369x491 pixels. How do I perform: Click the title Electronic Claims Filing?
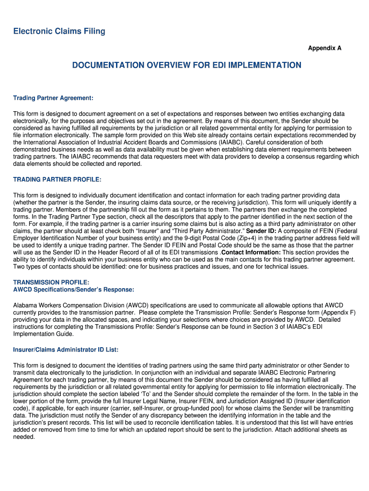pyautogui.click(x=59, y=32)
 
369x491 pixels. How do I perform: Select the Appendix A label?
pyautogui.click(x=324, y=48)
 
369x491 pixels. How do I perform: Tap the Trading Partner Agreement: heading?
pyautogui.click(x=53, y=98)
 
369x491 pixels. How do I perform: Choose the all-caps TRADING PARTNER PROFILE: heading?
pyautogui.click(x=58, y=179)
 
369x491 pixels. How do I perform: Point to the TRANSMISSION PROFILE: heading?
pyautogui.click(x=51, y=282)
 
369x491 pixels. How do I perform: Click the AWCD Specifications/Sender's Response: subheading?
pyautogui.click(x=73, y=290)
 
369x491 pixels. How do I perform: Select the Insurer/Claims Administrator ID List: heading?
pyautogui.click(x=66, y=350)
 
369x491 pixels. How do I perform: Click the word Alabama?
pyautogui.click(x=26, y=305)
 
